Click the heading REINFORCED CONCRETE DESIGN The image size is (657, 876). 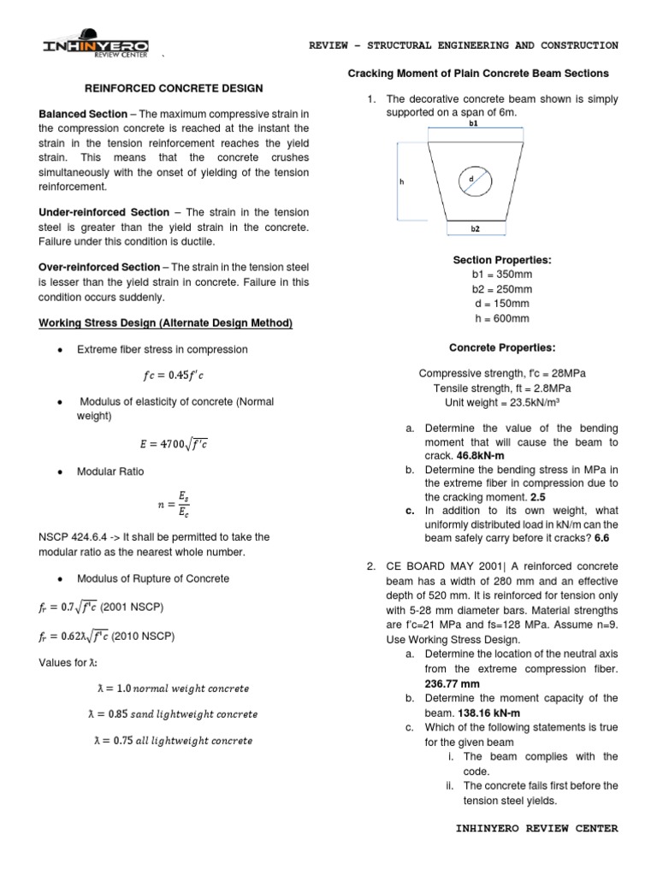click(x=172, y=88)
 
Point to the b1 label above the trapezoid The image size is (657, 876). click(x=474, y=123)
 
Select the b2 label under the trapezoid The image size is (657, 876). click(x=476, y=230)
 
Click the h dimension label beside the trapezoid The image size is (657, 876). click(x=401, y=182)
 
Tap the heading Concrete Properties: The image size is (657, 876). click(x=502, y=347)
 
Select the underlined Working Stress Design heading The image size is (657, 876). click(x=166, y=323)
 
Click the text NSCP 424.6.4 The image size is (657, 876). click(x=75, y=536)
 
